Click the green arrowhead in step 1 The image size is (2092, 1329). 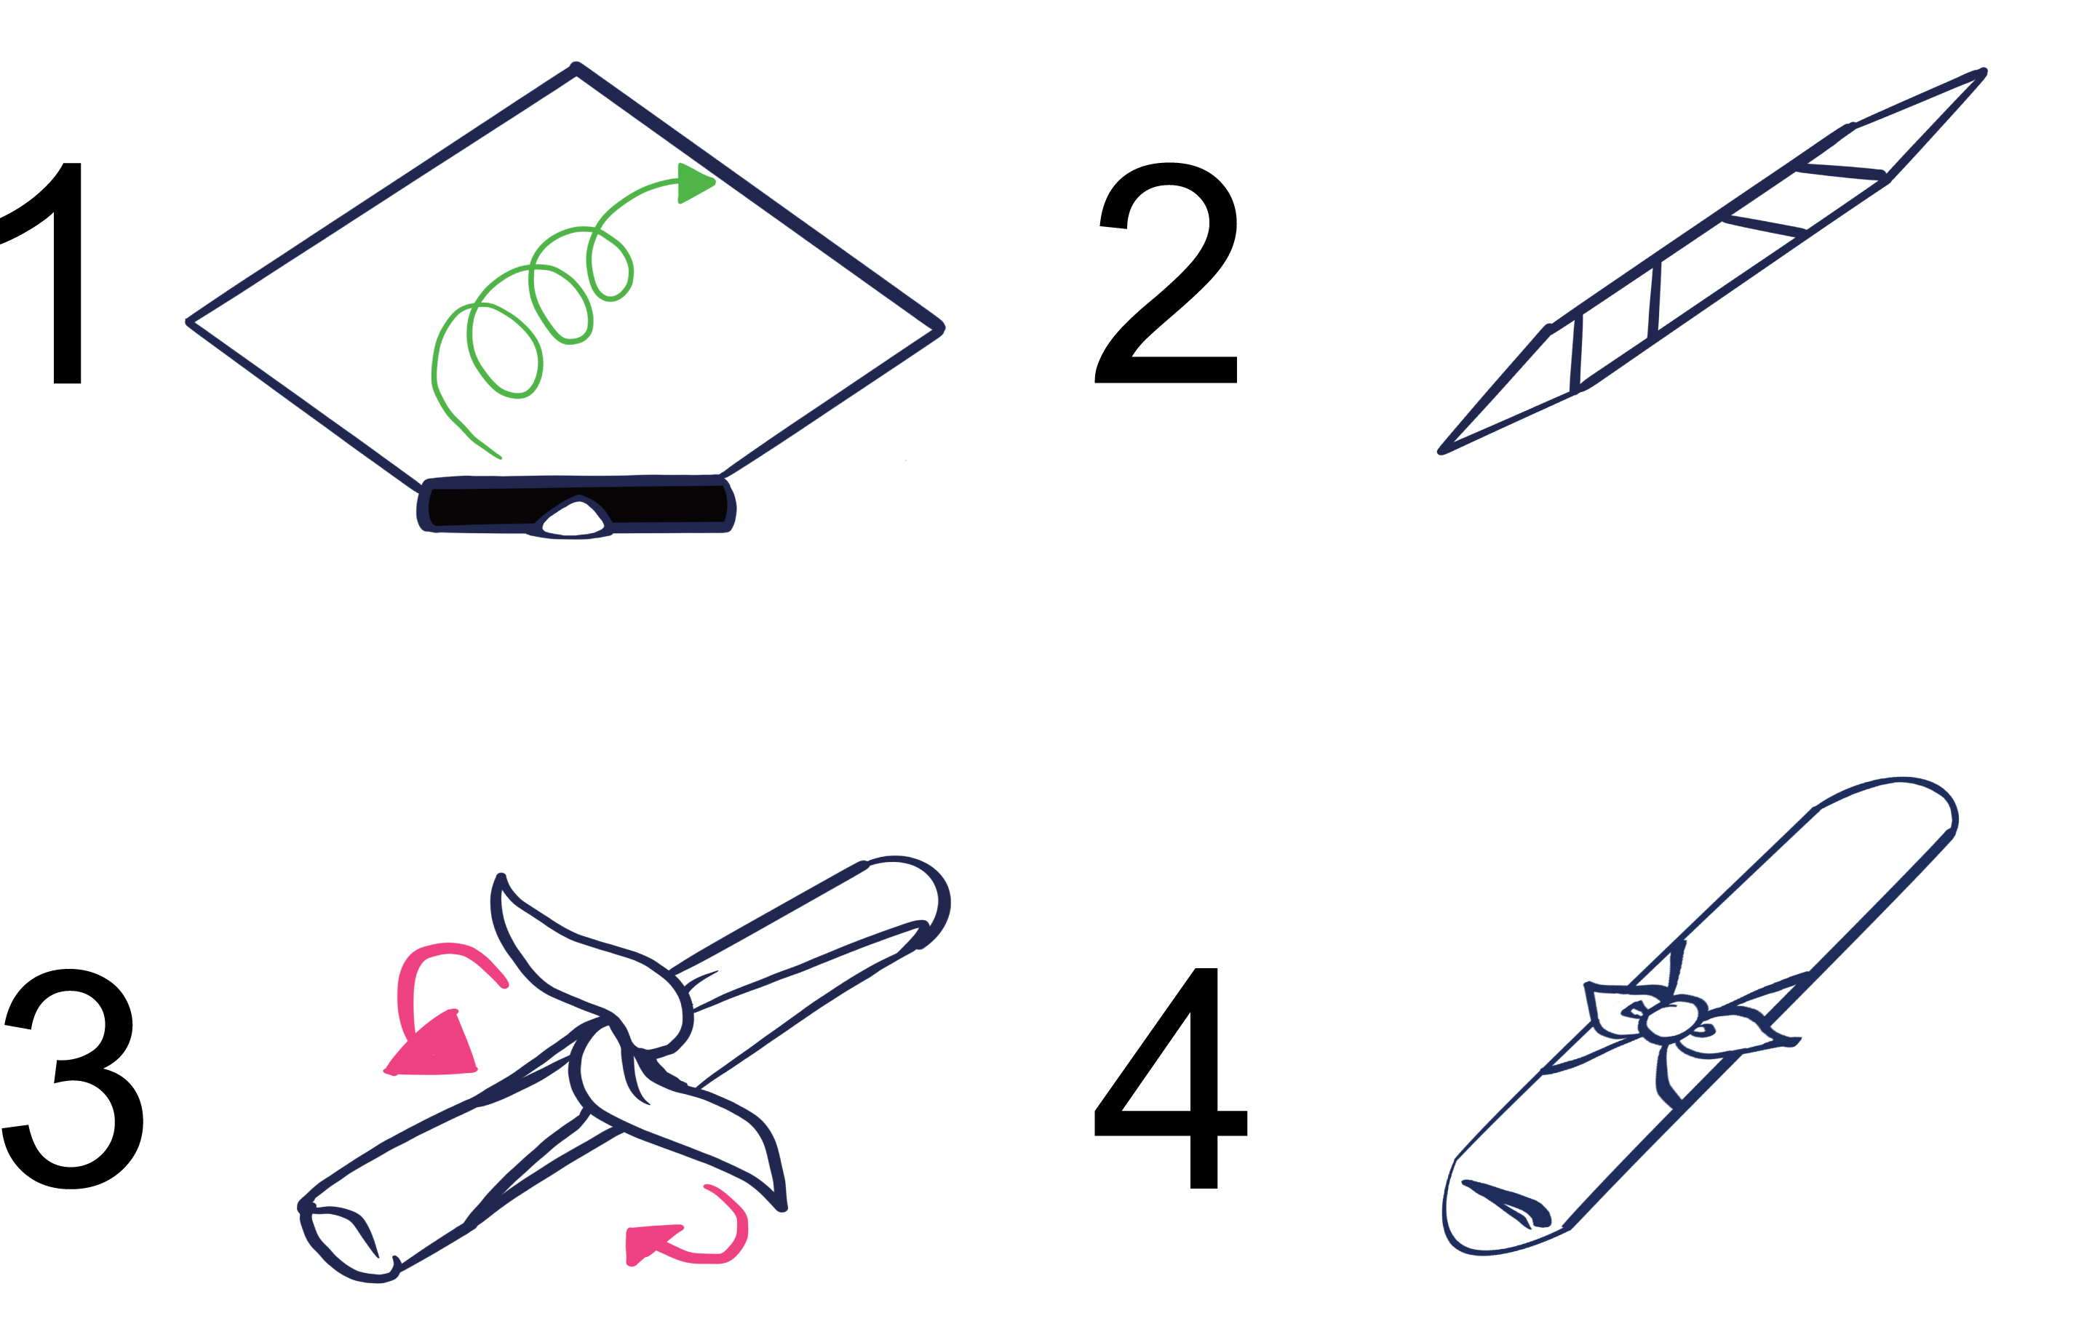tap(695, 183)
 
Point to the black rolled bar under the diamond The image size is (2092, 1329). tap(576, 506)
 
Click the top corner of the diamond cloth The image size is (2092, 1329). tap(576, 67)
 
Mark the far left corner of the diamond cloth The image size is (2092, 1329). tap(189, 322)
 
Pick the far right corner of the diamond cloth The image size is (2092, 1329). tap(941, 328)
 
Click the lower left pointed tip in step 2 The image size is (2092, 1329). tap(1441, 451)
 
